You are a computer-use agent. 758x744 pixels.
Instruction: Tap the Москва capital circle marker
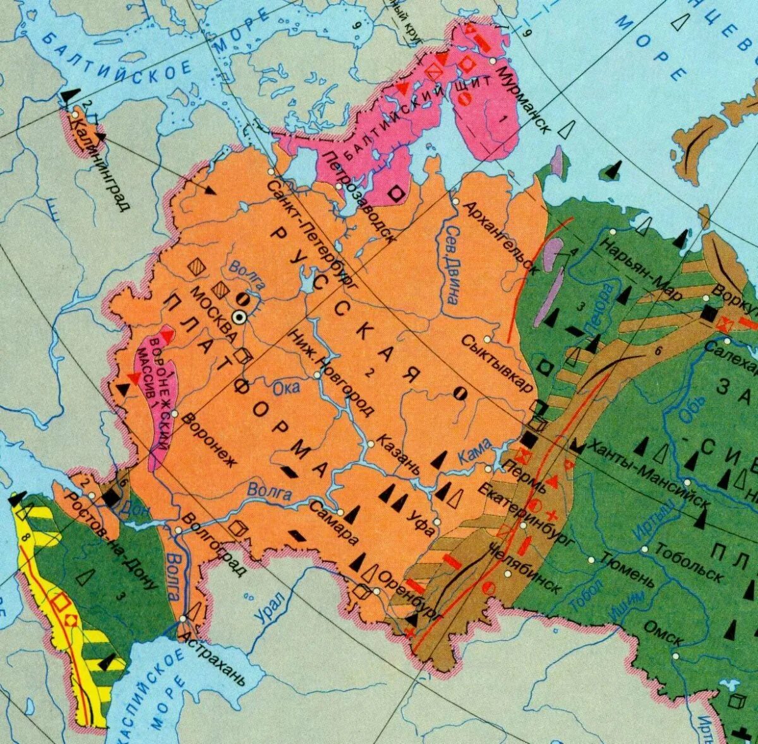[239, 317]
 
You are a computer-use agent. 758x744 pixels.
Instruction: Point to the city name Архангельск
[500, 236]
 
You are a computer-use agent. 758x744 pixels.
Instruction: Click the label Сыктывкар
[497, 363]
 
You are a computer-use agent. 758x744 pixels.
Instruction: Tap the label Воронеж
[208, 439]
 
